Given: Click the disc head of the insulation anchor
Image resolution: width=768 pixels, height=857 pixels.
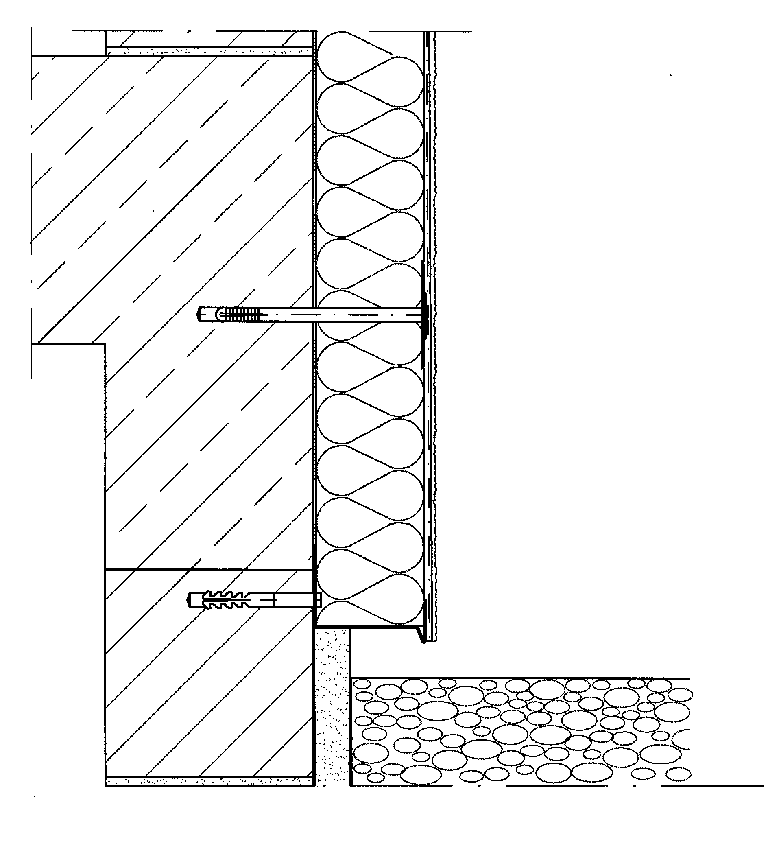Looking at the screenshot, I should [423, 315].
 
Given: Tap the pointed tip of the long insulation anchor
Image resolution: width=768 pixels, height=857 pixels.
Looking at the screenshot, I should [199, 315].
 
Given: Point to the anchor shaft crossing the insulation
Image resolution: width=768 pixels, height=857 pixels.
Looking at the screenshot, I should [367, 315].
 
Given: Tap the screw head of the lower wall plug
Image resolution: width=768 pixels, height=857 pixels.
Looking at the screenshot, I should [319, 600].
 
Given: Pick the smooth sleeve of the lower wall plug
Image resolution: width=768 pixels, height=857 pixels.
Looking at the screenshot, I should [291, 600].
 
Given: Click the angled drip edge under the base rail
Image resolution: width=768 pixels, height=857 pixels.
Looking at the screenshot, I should [421, 634].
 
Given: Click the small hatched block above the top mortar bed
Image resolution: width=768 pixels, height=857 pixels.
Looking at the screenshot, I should [209, 38].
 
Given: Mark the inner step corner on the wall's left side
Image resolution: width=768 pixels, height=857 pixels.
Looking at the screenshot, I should [105, 344].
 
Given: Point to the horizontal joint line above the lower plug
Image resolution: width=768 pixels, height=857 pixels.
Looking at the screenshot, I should [209, 570].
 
